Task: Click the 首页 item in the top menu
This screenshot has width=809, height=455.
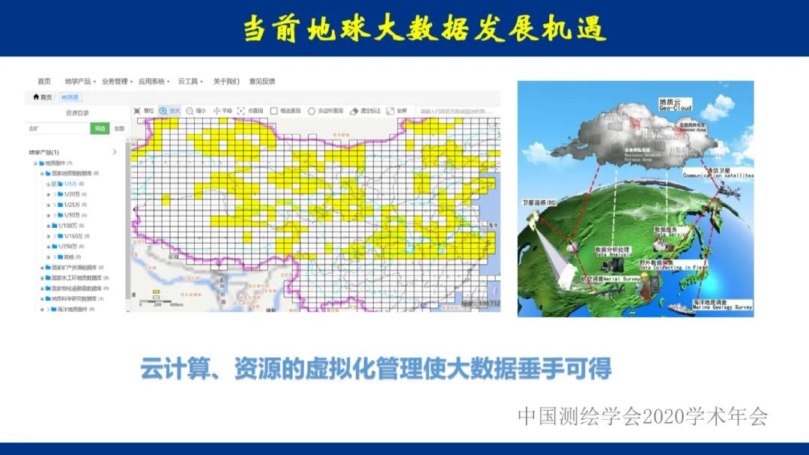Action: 44,81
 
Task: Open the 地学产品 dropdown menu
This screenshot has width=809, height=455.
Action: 79,81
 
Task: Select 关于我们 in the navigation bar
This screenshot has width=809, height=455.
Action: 226,81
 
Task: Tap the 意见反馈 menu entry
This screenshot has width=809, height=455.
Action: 262,81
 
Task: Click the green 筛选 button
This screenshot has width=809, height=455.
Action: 100,128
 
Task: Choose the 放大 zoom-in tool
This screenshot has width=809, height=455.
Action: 169,111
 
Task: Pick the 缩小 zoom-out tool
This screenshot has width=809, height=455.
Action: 196,111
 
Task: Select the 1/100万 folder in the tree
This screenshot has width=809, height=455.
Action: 67,226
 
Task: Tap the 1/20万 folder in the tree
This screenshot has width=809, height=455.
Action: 74,194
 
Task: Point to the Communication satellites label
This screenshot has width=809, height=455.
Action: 718,175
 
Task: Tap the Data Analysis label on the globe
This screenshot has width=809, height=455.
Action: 613,253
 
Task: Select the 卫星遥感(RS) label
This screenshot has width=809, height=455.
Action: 540,202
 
